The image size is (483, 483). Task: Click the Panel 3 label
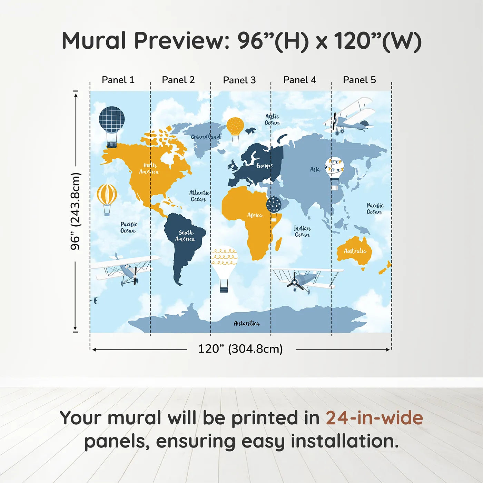click(x=239, y=80)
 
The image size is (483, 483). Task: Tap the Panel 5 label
click(x=359, y=80)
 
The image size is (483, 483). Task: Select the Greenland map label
click(x=206, y=137)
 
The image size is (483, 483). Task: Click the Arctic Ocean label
click(x=272, y=120)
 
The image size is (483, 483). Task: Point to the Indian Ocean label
click(x=302, y=231)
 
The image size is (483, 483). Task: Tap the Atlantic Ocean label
click(x=199, y=196)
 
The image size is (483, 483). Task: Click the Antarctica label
click(x=247, y=323)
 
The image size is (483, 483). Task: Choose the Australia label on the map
click(x=355, y=251)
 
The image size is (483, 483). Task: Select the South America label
click(x=185, y=236)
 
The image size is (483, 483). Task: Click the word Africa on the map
click(x=255, y=215)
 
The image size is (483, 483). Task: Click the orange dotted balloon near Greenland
click(x=235, y=129)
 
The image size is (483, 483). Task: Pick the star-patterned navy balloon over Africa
click(x=274, y=208)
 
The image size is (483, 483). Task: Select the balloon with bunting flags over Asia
click(x=334, y=173)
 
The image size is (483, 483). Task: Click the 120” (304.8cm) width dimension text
click(x=240, y=349)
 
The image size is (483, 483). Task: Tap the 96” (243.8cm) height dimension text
click(x=76, y=211)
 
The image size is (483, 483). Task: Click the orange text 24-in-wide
click(x=374, y=418)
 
